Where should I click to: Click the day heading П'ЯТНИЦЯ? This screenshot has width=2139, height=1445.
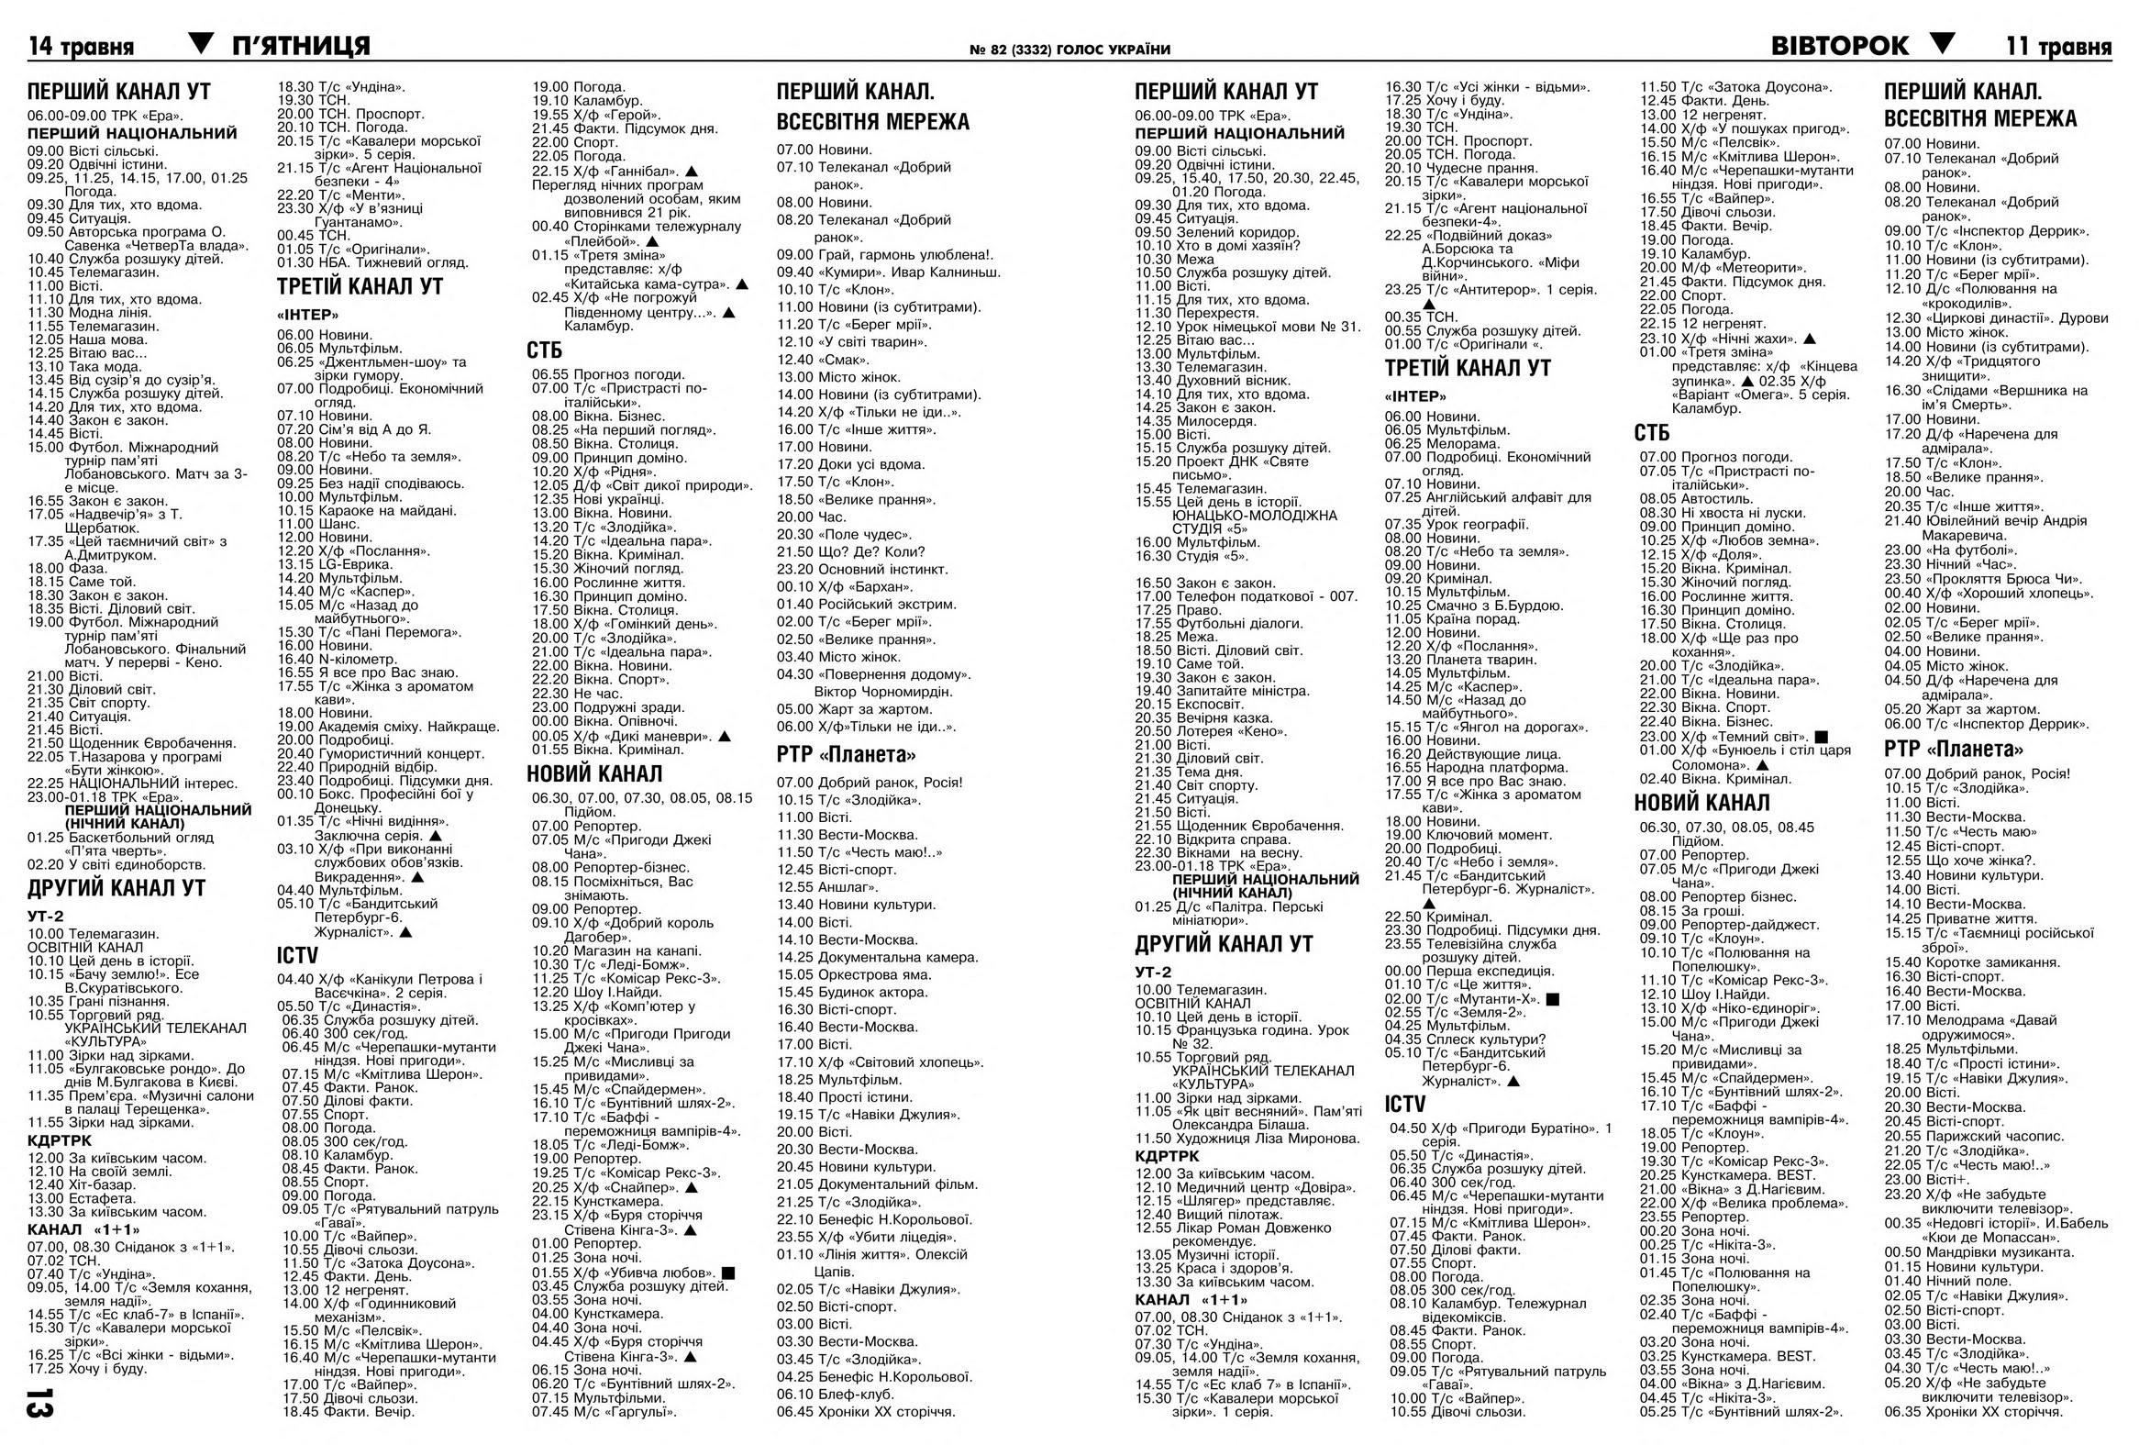[x=301, y=45]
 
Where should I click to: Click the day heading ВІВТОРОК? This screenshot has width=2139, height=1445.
[x=1840, y=45]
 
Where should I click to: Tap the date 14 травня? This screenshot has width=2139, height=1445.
[x=81, y=47]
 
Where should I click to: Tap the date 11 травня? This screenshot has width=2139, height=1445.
[x=2059, y=46]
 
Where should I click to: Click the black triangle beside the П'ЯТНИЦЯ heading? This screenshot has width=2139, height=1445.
[x=201, y=42]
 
